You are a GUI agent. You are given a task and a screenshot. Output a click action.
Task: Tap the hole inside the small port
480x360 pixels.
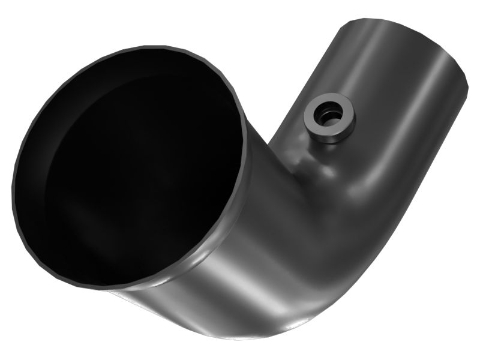click(x=328, y=116)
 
